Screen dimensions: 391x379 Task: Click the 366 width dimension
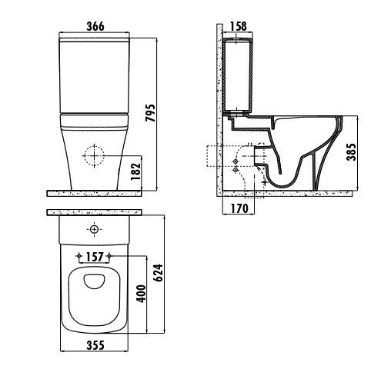coord(95,26)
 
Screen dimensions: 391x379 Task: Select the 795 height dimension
coord(151,113)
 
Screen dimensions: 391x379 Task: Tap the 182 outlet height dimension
coord(136,171)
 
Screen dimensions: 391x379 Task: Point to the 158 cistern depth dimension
coord(239,26)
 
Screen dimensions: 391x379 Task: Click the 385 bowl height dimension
coord(352,151)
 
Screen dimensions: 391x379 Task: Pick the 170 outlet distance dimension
coord(239,208)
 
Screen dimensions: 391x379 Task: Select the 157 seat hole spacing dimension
coord(95,257)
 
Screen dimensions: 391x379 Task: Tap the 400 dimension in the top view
coord(142,294)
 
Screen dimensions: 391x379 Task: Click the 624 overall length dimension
coord(159,273)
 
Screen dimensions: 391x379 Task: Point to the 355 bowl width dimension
coord(95,345)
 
